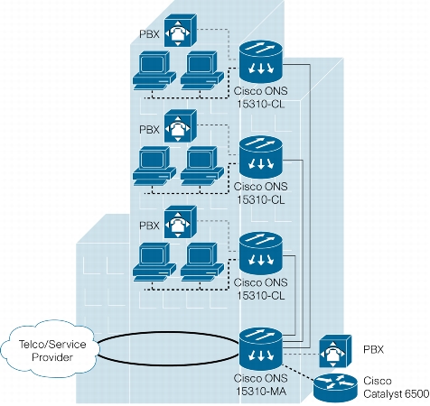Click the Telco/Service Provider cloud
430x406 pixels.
pos(51,349)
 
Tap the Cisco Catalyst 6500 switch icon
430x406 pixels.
pos(335,388)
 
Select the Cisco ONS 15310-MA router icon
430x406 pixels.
pos(261,349)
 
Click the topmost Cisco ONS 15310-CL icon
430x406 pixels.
pos(261,61)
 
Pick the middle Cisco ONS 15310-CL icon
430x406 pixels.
pos(261,157)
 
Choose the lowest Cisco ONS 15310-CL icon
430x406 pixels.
pos(261,254)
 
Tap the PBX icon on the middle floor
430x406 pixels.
pos(180,126)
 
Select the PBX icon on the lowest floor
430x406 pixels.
pos(180,222)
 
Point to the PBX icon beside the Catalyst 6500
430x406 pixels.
pos(335,351)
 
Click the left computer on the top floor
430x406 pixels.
pos(154,70)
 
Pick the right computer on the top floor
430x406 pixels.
pos(202,70)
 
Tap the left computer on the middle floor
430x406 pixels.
pos(154,166)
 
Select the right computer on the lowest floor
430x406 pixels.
pos(202,262)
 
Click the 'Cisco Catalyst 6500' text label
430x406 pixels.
pos(396,387)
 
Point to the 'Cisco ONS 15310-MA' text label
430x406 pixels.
pos(261,384)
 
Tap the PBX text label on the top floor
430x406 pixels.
pos(149,34)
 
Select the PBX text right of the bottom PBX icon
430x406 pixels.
pos(373,349)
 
